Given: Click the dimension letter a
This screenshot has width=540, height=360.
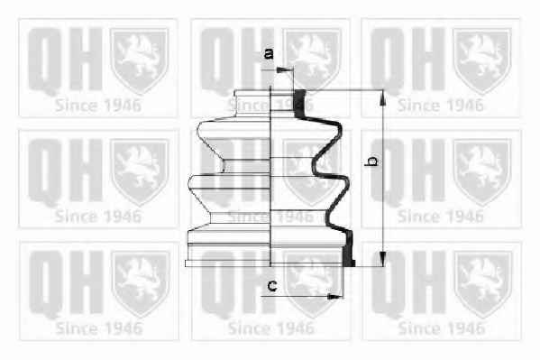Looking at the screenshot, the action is tap(269, 54).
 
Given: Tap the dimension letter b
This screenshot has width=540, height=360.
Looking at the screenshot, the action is tap(371, 161).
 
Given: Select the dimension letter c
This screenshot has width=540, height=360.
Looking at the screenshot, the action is tap(272, 285).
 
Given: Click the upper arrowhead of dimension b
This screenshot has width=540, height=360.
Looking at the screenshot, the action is tap(382, 98).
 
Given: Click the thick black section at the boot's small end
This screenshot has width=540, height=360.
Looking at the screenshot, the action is tap(300, 104).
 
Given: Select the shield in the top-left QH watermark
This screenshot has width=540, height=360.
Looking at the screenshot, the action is tap(139, 60).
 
